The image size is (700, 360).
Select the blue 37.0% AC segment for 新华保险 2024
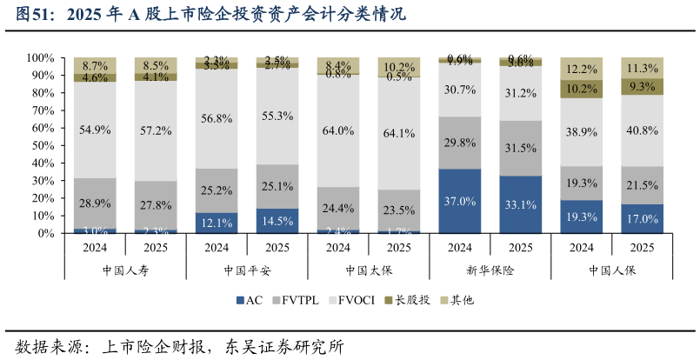point(460,201)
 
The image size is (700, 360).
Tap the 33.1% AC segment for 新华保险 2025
point(521,204)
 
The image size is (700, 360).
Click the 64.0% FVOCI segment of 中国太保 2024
point(338,130)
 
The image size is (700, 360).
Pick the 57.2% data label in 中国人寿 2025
point(156,130)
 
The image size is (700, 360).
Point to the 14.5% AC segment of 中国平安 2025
point(277,221)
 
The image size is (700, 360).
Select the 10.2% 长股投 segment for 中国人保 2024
point(582,89)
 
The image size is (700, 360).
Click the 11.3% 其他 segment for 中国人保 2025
point(643,68)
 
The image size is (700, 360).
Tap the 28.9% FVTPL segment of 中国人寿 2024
point(95,203)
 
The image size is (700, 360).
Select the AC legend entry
point(249,300)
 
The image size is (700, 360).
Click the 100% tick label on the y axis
point(40,57)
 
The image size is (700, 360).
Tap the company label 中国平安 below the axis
point(247,270)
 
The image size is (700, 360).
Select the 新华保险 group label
point(490,270)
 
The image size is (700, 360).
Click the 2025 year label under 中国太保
point(399,247)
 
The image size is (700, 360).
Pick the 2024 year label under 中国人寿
point(95,247)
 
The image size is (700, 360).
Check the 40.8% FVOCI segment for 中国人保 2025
point(643,130)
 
